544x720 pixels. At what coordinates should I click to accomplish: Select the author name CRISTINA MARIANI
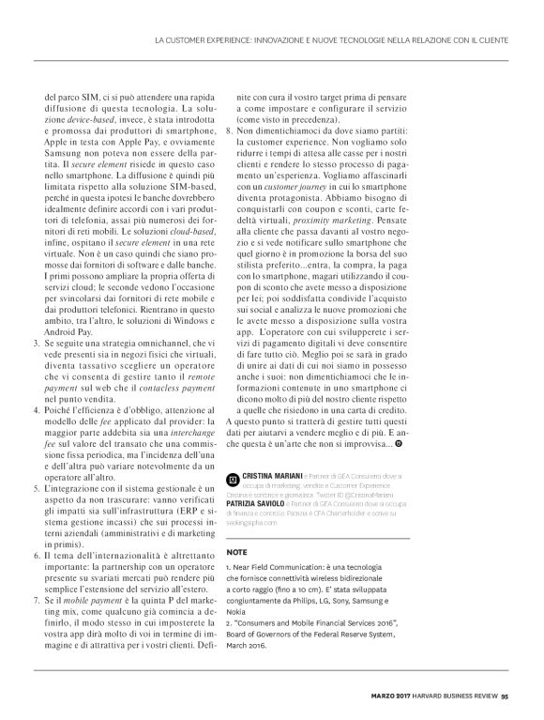[x=273, y=477]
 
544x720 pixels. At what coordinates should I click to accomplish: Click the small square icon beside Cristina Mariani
[x=234, y=478]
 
